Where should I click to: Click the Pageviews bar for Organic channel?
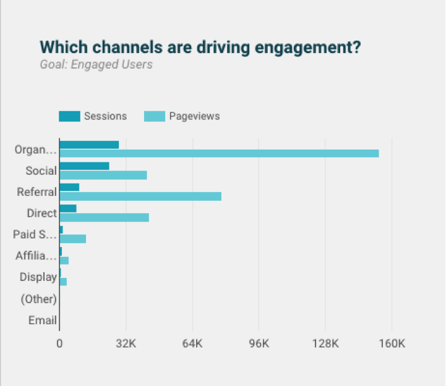pyautogui.click(x=219, y=153)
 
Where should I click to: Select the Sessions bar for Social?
pyautogui.click(x=84, y=166)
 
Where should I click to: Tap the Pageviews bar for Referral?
pyautogui.click(x=140, y=196)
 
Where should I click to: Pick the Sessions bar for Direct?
pyautogui.click(x=68, y=209)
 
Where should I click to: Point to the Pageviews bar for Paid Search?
pyautogui.click(x=73, y=238)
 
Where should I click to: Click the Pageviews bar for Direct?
pyautogui.click(x=104, y=217)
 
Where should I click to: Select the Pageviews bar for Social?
pyautogui.click(x=103, y=175)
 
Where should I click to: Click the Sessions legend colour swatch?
pyautogui.click(x=69, y=116)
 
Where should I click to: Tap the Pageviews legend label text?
pyautogui.click(x=194, y=116)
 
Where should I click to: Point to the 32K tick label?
pyautogui.click(x=126, y=343)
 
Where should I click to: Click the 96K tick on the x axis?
pyautogui.click(x=259, y=343)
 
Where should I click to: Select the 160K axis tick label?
pyautogui.click(x=392, y=343)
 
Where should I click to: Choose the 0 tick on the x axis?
pyautogui.click(x=59, y=343)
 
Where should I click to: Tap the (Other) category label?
pyautogui.click(x=39, y=299)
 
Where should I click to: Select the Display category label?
pyautogui.click(x=38, y=277)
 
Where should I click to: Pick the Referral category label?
pyautogui.click(x=37, y=192)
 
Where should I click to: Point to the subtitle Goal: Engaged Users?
pyautogui.click(x=96, y=64)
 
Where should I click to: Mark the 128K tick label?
pyautogui.click(x=325, y=343)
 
